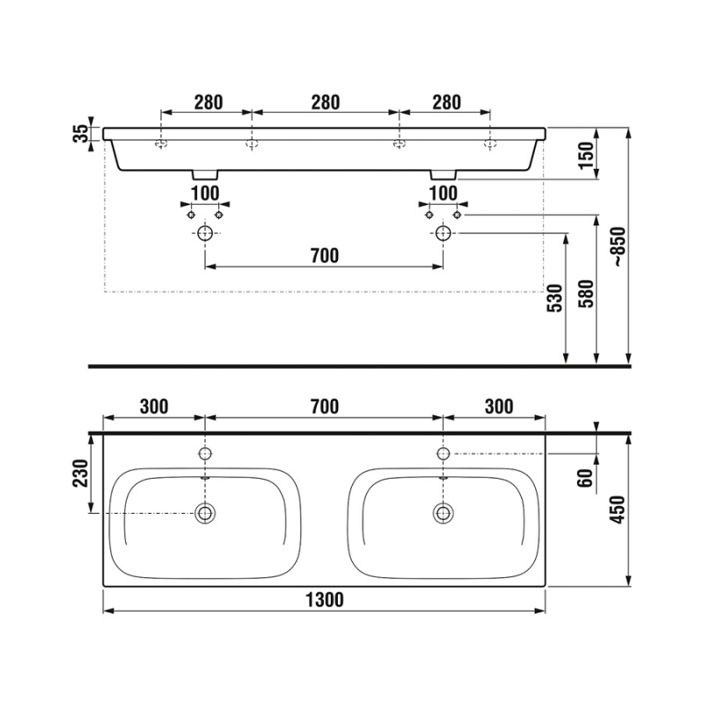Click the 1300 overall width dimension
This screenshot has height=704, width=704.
[x=325, y=600]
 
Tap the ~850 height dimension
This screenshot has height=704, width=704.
[x=620, y=247]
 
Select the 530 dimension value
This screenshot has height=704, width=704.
[x=555, y=298]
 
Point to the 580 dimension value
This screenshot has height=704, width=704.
[x=586, y=294]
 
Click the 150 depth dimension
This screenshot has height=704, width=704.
[x=586, y=155]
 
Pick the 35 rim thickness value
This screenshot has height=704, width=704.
[x=81, y=134]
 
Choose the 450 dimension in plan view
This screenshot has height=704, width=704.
[x=619, y=510]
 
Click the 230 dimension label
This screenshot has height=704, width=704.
[x=81, y=473]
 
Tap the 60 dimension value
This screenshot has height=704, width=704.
[x=586, y=478]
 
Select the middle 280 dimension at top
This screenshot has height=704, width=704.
[x=326, y=102]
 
